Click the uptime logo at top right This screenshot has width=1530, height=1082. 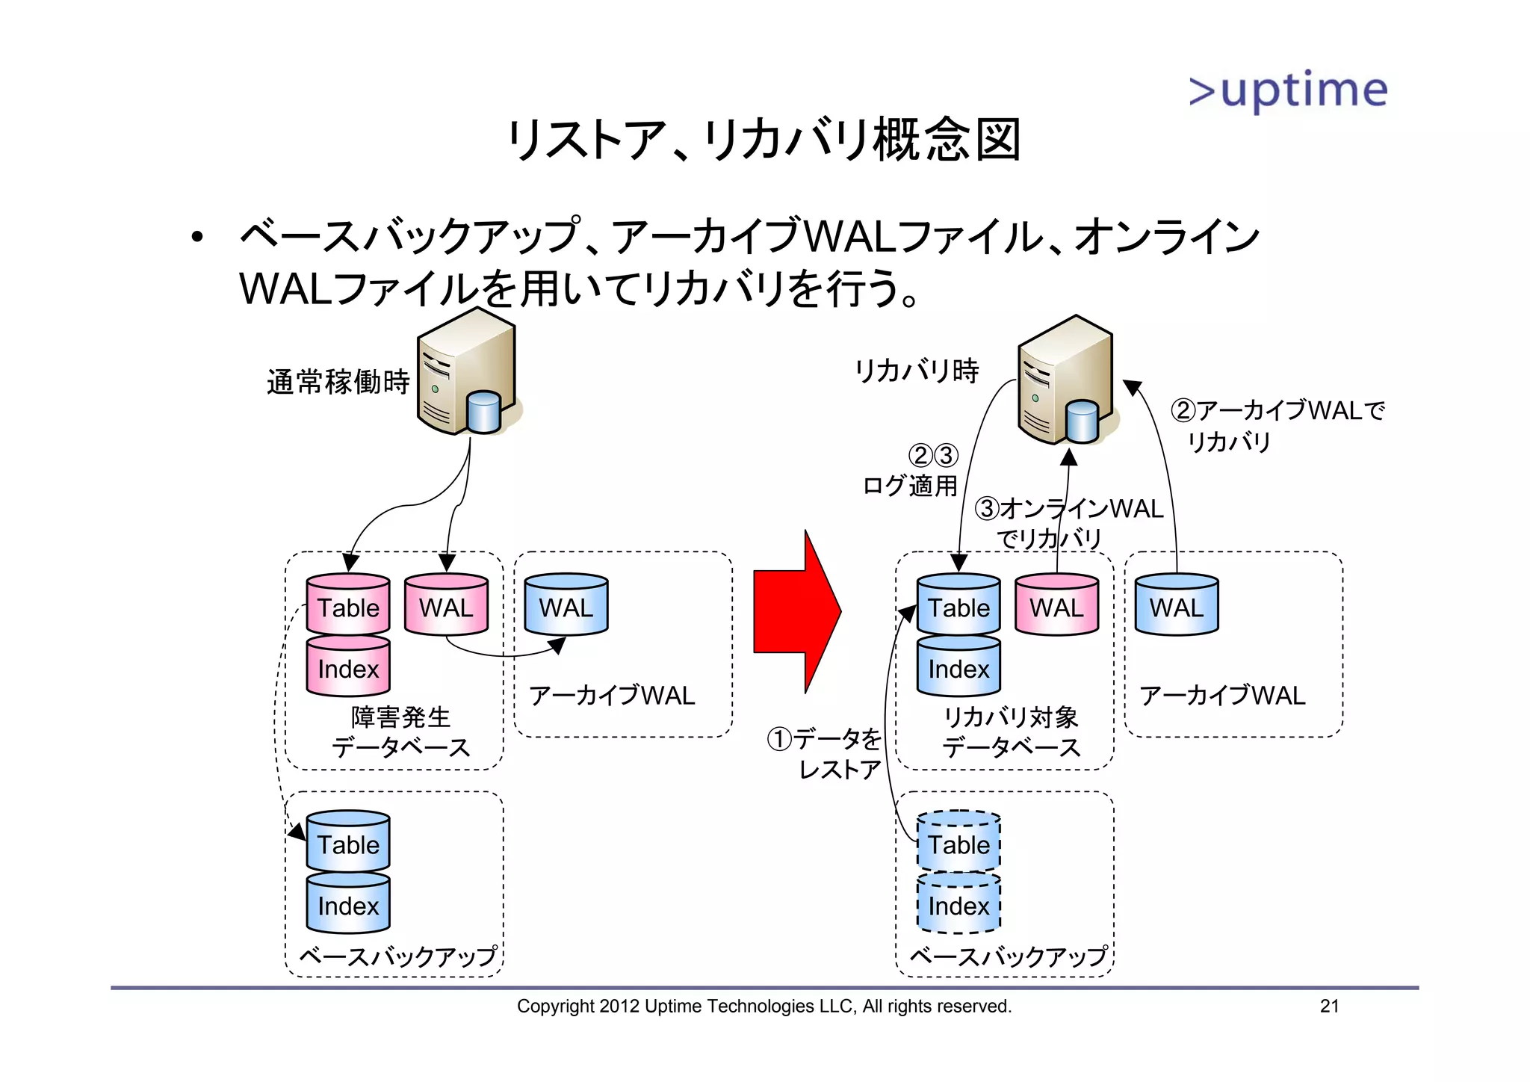(1288, 90)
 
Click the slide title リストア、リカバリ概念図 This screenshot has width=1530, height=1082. (764, 140)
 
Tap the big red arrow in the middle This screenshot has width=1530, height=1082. (796, 611)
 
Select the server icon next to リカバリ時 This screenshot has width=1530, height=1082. (1067, 380)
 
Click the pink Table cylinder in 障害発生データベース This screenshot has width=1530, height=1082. (348, 605)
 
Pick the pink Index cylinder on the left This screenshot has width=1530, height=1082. (348, 667)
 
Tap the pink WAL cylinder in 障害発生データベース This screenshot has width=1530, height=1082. (446, 605)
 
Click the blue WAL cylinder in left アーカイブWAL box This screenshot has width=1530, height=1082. (566, 605)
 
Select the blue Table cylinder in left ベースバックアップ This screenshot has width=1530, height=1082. (348, 842)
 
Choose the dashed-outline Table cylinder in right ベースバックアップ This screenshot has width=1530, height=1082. (958, 842)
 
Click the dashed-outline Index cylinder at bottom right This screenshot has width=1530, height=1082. (958, 904)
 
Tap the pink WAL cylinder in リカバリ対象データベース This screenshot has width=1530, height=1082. (1056, 605)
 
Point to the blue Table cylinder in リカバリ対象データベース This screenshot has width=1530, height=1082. (958, 605)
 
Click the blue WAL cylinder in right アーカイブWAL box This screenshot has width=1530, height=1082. (1176, 605)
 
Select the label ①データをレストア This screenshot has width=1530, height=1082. (826, 753)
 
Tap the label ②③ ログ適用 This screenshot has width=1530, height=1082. (911, 471)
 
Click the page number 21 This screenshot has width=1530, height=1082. (1329, 1006)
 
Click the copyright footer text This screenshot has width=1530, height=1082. (764, 1006)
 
